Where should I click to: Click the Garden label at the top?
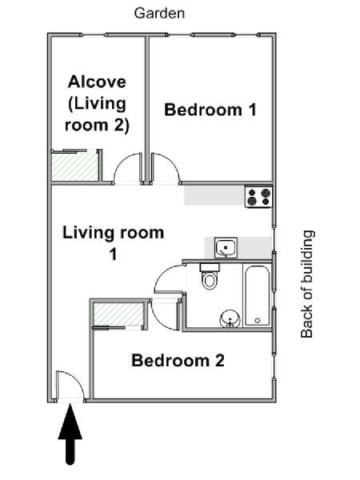(159, 14)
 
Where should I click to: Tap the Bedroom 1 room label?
(210, 110)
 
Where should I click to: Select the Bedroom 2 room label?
(178, 360)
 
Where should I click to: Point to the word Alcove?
(97, 82)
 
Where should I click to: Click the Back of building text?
(307, 284)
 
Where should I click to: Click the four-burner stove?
(258, 197)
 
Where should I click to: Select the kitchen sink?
(226, 247)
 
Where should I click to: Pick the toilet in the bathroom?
(210, 276)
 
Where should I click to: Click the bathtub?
(257, 296)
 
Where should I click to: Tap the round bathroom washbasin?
(230, 319)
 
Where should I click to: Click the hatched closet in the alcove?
(75, 167)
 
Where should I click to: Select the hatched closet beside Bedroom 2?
(118, 314)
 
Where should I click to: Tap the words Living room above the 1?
(114, 233)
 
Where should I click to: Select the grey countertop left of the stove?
(214, 196)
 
